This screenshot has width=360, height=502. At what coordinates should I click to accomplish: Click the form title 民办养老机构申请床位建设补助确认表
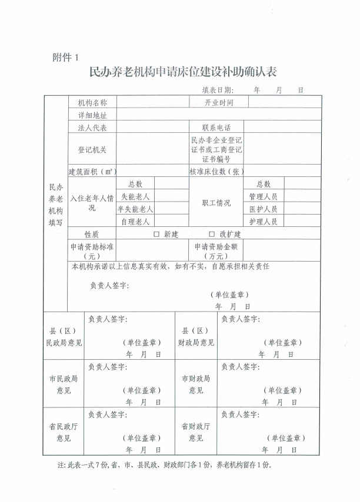(x=182, y=73)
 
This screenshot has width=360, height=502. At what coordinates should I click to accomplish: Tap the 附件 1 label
(x=65, y=57)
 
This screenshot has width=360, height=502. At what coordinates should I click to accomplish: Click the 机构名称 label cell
(x=92, y=102)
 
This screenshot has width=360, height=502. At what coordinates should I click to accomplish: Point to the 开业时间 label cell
(x=219, y=102)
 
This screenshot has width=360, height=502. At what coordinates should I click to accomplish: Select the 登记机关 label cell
(x=92, y=150)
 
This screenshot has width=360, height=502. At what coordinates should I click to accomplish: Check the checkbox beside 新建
(x=156, y=234)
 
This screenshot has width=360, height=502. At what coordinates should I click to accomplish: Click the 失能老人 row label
(x=136, y=196)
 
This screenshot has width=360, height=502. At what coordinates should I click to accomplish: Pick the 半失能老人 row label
(x=136, y=209)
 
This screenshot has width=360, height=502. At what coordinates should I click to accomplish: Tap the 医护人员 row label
(x=263, y=209)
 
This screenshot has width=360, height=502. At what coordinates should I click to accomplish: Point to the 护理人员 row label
(x=263, y=222)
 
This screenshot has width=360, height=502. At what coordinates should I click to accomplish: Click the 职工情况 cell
(x=216, y=203)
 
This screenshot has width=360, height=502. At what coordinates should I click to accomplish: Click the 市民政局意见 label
(x=64, y=384)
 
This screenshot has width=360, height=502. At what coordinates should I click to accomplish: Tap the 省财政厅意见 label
(x=196, y=432)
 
